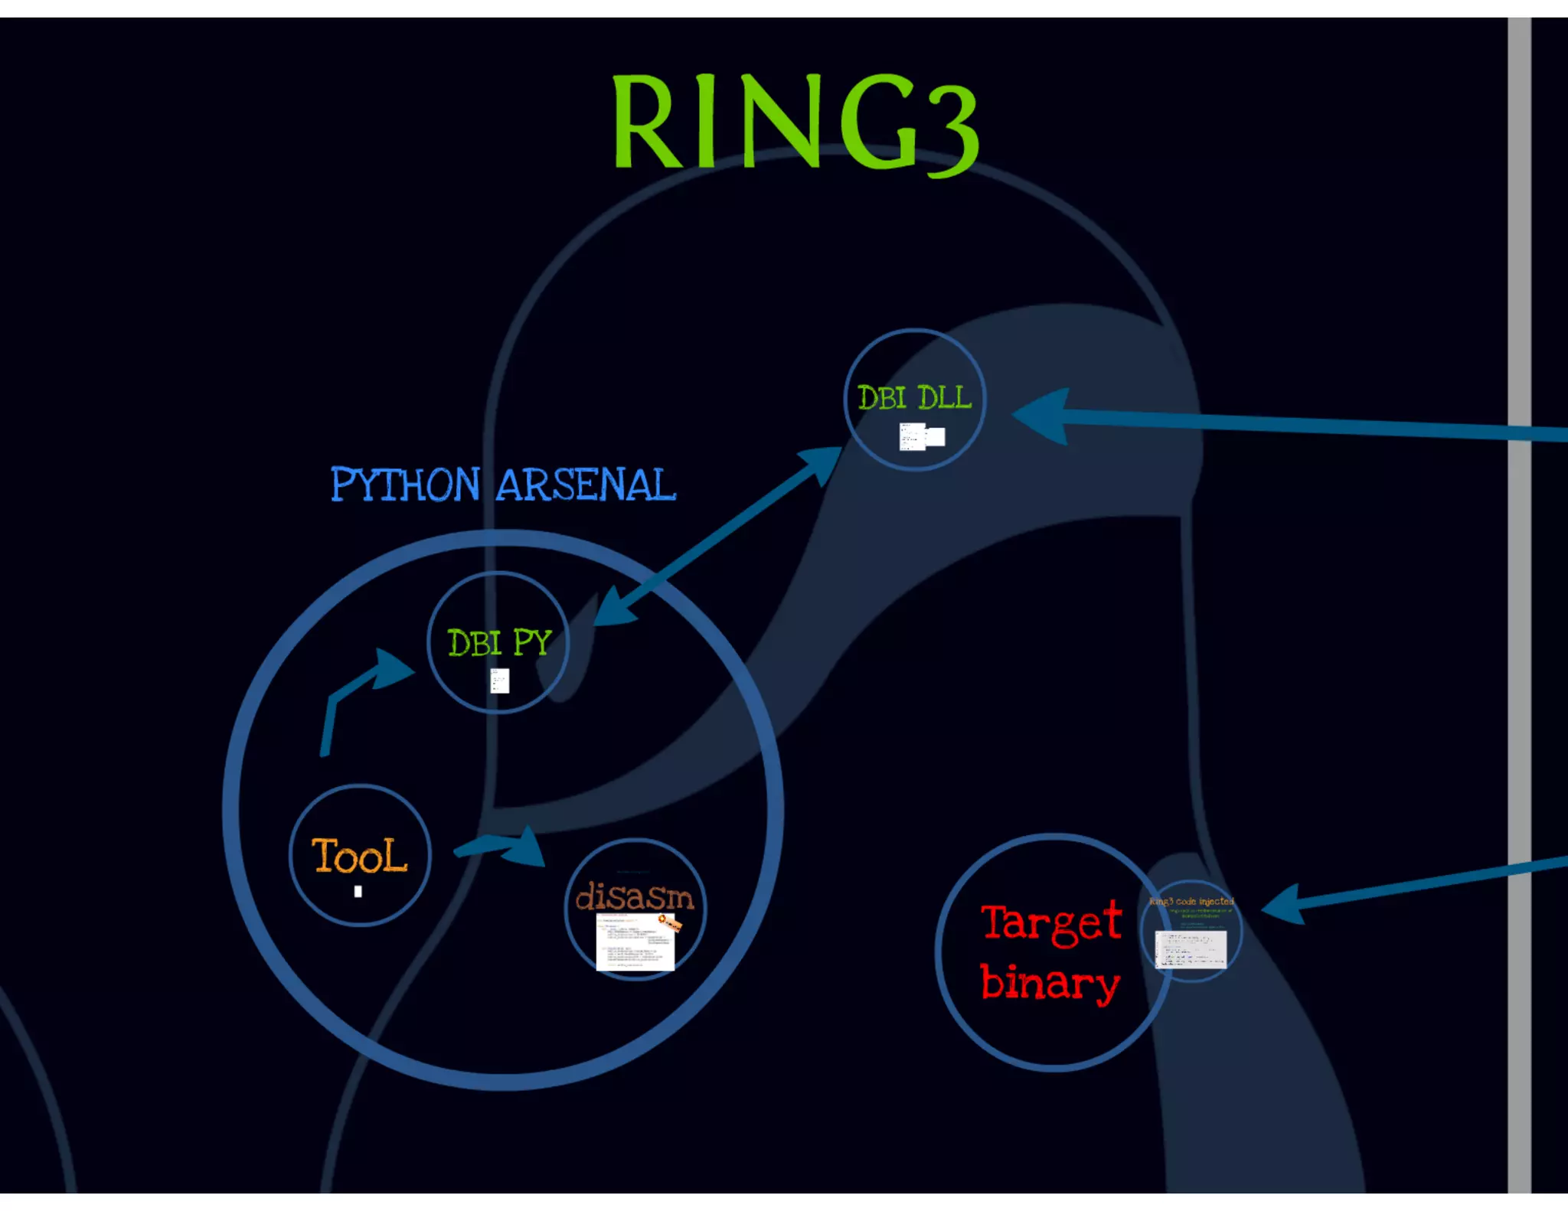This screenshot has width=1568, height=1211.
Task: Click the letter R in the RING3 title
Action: [x=645, y=122]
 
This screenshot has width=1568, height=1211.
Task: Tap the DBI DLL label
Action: [x=914, y=398]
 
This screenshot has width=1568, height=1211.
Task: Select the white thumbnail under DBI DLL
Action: [x=921, y=437]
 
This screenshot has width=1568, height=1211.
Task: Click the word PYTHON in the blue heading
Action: [x=405, y=485]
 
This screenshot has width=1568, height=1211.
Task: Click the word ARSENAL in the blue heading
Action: [x=586, y=485]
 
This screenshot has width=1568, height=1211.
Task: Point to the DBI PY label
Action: [x=499, y=643]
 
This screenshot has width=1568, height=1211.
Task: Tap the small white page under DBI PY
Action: [x=499, y=681]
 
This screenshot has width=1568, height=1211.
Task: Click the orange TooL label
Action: [x=359, y=856]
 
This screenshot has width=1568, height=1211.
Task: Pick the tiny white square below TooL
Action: [x=358, y=892]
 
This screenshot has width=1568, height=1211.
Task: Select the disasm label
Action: [x=635, y=897]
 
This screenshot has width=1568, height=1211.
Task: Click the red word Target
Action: [x=1051, y=922]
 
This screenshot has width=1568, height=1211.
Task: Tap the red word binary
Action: [x=1050, y=984]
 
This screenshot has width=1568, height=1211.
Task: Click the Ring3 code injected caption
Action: [x=1191, y=902]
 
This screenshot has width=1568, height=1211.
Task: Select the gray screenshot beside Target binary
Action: [x=1191, y=950]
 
